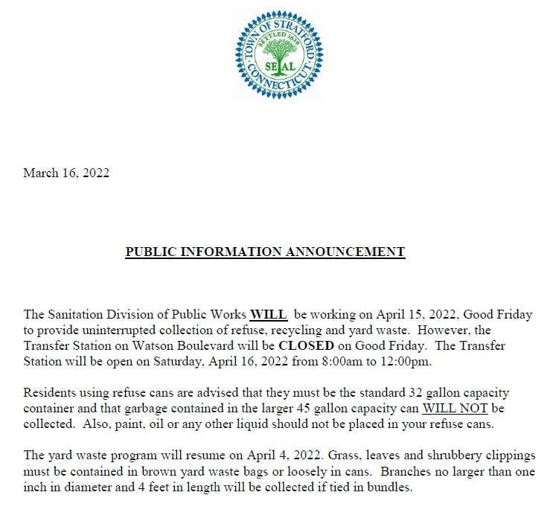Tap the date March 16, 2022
[x=66, y=173]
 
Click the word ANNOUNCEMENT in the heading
[x=345, y=252]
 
